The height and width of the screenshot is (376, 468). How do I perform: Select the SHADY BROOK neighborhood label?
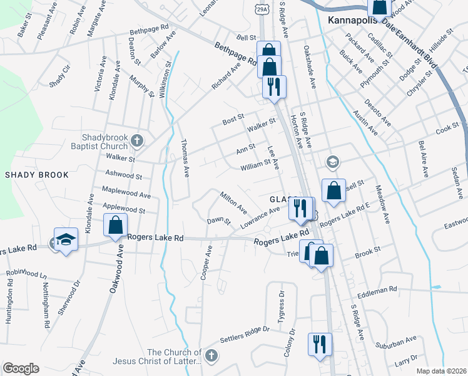click(37, 175)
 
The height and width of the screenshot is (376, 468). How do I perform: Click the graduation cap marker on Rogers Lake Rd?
click(66, 240)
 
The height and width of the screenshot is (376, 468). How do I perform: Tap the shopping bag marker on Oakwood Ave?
click(115, 226)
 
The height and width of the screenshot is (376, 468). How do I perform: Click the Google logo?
click(21, 368)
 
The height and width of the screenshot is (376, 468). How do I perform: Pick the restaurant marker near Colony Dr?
click(320, 345)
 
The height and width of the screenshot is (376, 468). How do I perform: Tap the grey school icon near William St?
click(332, 162)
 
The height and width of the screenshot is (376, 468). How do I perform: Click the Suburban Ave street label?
click(395, 343)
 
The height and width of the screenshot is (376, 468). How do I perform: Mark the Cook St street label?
click(447, 128)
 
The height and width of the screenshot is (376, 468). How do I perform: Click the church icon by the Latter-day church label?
click(211, 356)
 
